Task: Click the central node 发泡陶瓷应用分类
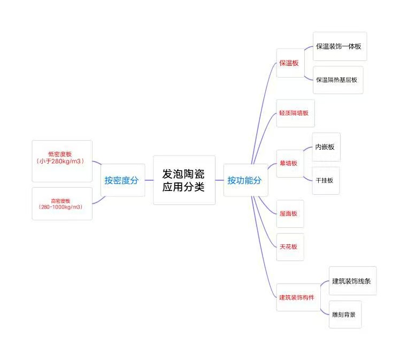coord(183,180)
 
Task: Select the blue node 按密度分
coord(121,180)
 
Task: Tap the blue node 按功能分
coord(244,180)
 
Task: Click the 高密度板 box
coord(62,203)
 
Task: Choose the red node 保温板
coord(289,63)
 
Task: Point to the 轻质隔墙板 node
coord(295,113)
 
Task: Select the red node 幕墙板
coord(289,163)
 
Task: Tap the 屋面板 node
coord(289,213)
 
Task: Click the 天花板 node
coord(289,247)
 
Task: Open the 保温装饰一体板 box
coord(339,47)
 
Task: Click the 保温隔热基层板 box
coord(337,80)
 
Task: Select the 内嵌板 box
coord(325,147)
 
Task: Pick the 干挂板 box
coord(325,180)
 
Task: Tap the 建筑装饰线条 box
coord(351,281)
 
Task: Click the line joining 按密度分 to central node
coord(149,180)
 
